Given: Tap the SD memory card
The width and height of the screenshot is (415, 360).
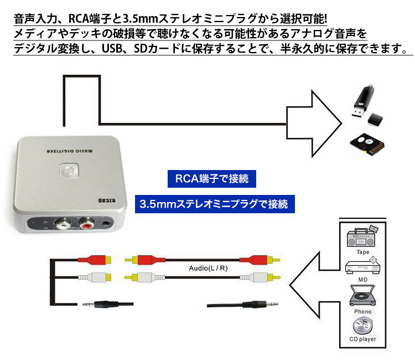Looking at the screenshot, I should click(367, 143).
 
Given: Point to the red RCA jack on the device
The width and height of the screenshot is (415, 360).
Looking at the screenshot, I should click(87, 225).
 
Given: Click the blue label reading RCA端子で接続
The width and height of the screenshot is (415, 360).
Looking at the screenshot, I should click(212, 178).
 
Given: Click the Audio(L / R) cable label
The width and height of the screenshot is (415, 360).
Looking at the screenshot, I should click(207, 269).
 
